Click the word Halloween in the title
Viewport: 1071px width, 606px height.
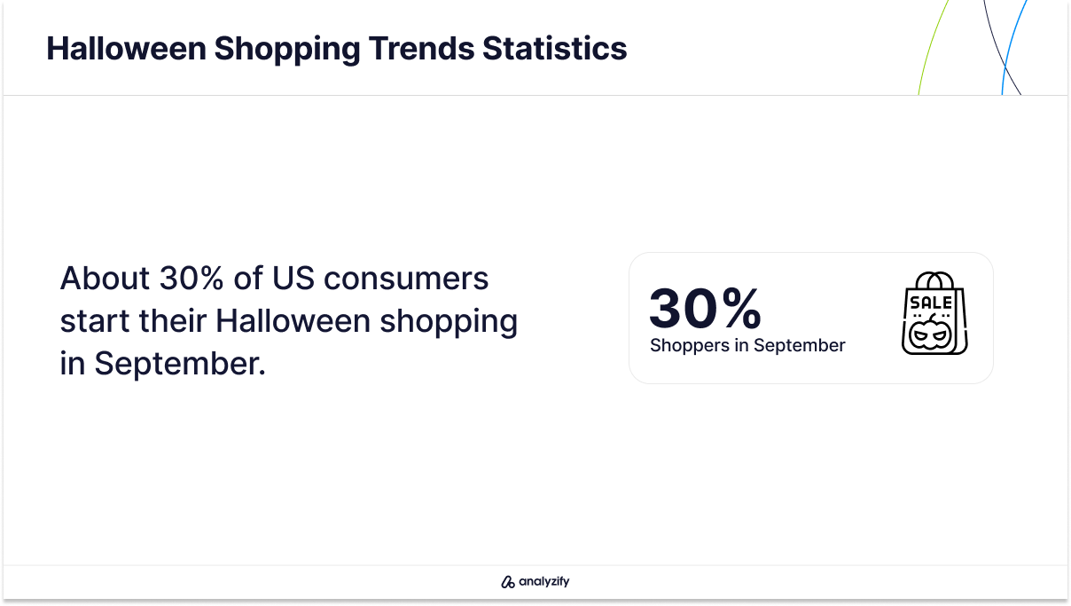click(x=126, y=49)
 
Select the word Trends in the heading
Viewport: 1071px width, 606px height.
click(x=421, y=49)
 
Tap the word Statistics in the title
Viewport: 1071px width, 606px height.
click(x=555, y=49)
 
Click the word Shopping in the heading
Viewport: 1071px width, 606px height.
click(x=287, y=50)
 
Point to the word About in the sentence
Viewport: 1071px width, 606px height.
click(x=105, y=278)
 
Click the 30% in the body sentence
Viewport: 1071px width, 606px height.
click(x=192, y=278)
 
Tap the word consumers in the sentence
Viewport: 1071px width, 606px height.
click(x=406, y=279)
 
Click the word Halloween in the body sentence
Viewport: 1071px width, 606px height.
click(x=293, y=320)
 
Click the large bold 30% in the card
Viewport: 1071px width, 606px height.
click(x=705, y=308)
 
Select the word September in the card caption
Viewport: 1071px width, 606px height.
click(x=800, y=346)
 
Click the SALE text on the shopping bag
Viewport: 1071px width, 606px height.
click(x=931, y=303)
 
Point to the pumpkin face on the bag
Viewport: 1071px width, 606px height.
click(x=930, y=333)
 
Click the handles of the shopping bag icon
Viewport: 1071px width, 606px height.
click(x=934, y=280)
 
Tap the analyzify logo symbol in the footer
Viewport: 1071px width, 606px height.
click(x=508, y=582)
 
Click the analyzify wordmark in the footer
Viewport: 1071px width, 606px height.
click(x=544, y=581)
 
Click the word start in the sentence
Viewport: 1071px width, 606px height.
click(x=95, y=320)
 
